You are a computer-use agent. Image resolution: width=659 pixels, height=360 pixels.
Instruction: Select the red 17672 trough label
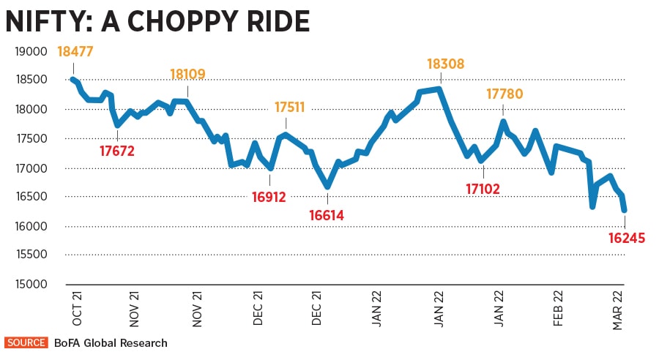click(117, 151)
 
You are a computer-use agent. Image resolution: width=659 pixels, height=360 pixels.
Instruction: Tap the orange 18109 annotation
click(187, 74)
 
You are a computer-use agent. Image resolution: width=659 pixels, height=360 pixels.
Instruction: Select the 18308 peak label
click(445, 64)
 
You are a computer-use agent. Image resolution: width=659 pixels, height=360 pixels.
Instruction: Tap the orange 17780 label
click(505, 94)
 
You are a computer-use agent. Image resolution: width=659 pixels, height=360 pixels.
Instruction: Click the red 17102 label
click(483, 190)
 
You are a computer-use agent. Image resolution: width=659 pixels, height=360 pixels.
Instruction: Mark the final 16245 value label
click(627, 236)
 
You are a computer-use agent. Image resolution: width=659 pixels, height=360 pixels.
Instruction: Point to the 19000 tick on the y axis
click(30, 51)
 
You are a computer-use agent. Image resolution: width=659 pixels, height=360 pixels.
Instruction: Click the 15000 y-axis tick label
click(30, 284)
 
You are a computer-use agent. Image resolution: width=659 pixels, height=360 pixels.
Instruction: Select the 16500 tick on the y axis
click(30, 197)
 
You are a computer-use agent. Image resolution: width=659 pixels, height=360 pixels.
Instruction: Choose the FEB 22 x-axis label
click(559, 311)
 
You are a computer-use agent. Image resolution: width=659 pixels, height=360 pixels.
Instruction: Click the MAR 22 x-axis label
click(619, 311)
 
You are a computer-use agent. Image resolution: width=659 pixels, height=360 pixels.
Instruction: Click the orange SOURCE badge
click(26, 342)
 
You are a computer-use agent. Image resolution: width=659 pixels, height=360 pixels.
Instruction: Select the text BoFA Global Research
click(111, 342)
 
